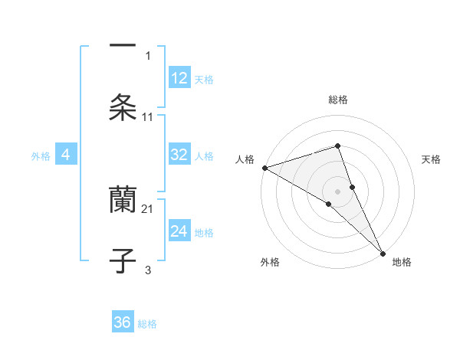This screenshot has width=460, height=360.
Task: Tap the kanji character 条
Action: point(123,107)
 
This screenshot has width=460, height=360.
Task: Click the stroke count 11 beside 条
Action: point(148,117)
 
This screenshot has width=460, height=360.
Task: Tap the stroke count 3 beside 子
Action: point(148,270)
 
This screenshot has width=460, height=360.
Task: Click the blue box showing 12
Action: point(179,78)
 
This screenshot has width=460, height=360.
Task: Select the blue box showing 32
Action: point(179,155)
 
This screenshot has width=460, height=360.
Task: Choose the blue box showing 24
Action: point(179,231)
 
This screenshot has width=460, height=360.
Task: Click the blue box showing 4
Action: point(66,155)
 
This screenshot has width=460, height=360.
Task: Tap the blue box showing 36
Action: point(123,322)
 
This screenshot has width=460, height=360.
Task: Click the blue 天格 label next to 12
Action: point(204,80)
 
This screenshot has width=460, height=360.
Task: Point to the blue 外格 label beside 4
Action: point(41,156)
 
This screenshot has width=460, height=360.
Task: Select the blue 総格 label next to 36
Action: point(147,324)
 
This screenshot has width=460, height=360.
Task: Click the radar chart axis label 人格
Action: point(245,159)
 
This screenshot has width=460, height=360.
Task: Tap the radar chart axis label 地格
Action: point(402,263)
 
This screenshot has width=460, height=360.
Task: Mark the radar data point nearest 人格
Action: point(264,168)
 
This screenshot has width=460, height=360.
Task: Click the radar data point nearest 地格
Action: point(382,251)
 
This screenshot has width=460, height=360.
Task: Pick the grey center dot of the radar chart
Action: point(337,190)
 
